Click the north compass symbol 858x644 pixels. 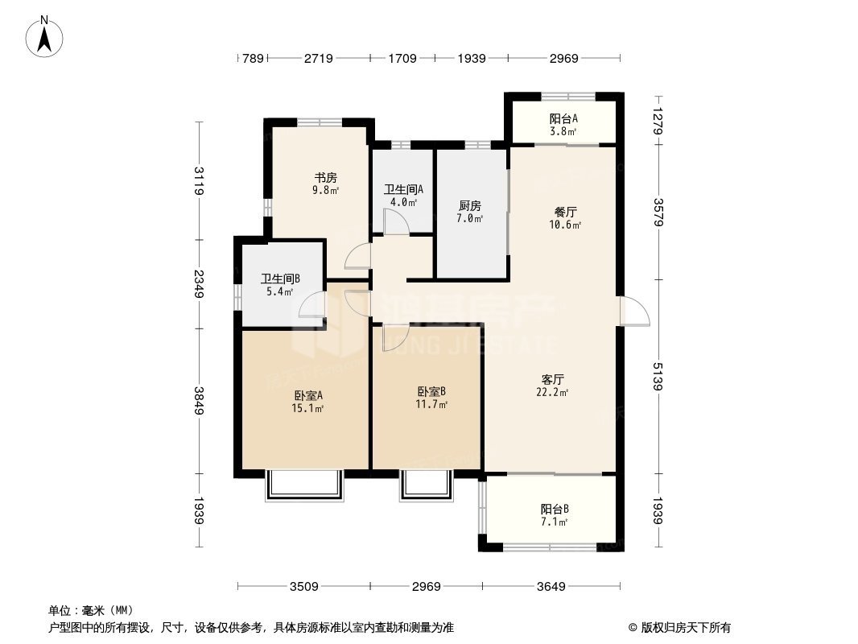click(44, 36)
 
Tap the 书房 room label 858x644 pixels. click(325, 178)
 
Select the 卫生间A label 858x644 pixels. click(403, 190)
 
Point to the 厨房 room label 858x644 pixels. click(470, 206)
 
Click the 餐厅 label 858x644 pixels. click(565, 213)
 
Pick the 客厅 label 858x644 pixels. click(553, 379)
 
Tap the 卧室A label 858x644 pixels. click(308, 395)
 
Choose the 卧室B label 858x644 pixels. click(431, 392)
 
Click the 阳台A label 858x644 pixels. click(563, 118)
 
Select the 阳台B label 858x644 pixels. click(555, 509)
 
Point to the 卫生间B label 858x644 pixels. click(280, 279)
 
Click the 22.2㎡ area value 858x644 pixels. click(553, 392)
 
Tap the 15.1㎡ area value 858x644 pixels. click(308, 408)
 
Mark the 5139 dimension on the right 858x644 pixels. click(658, 377)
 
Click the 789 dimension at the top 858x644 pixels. click(253, 58)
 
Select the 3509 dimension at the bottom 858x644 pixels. click(304, 587)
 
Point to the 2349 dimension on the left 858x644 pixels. click(198, 284)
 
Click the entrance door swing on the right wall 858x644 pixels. click(635, 311)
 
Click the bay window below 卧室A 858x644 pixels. click(305, 485)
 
